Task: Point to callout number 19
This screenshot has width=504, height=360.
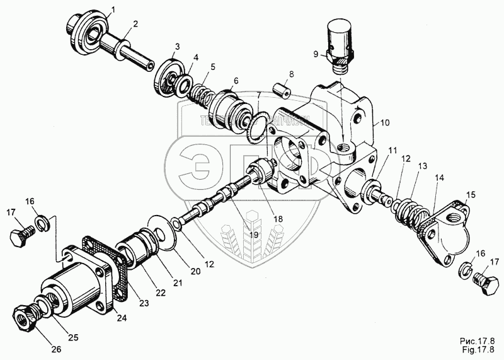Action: [253, 235]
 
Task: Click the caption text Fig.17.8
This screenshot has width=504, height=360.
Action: [479, 351]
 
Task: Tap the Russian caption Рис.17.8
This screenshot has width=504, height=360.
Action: [479, 341]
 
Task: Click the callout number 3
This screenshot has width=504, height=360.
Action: [177, 46]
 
